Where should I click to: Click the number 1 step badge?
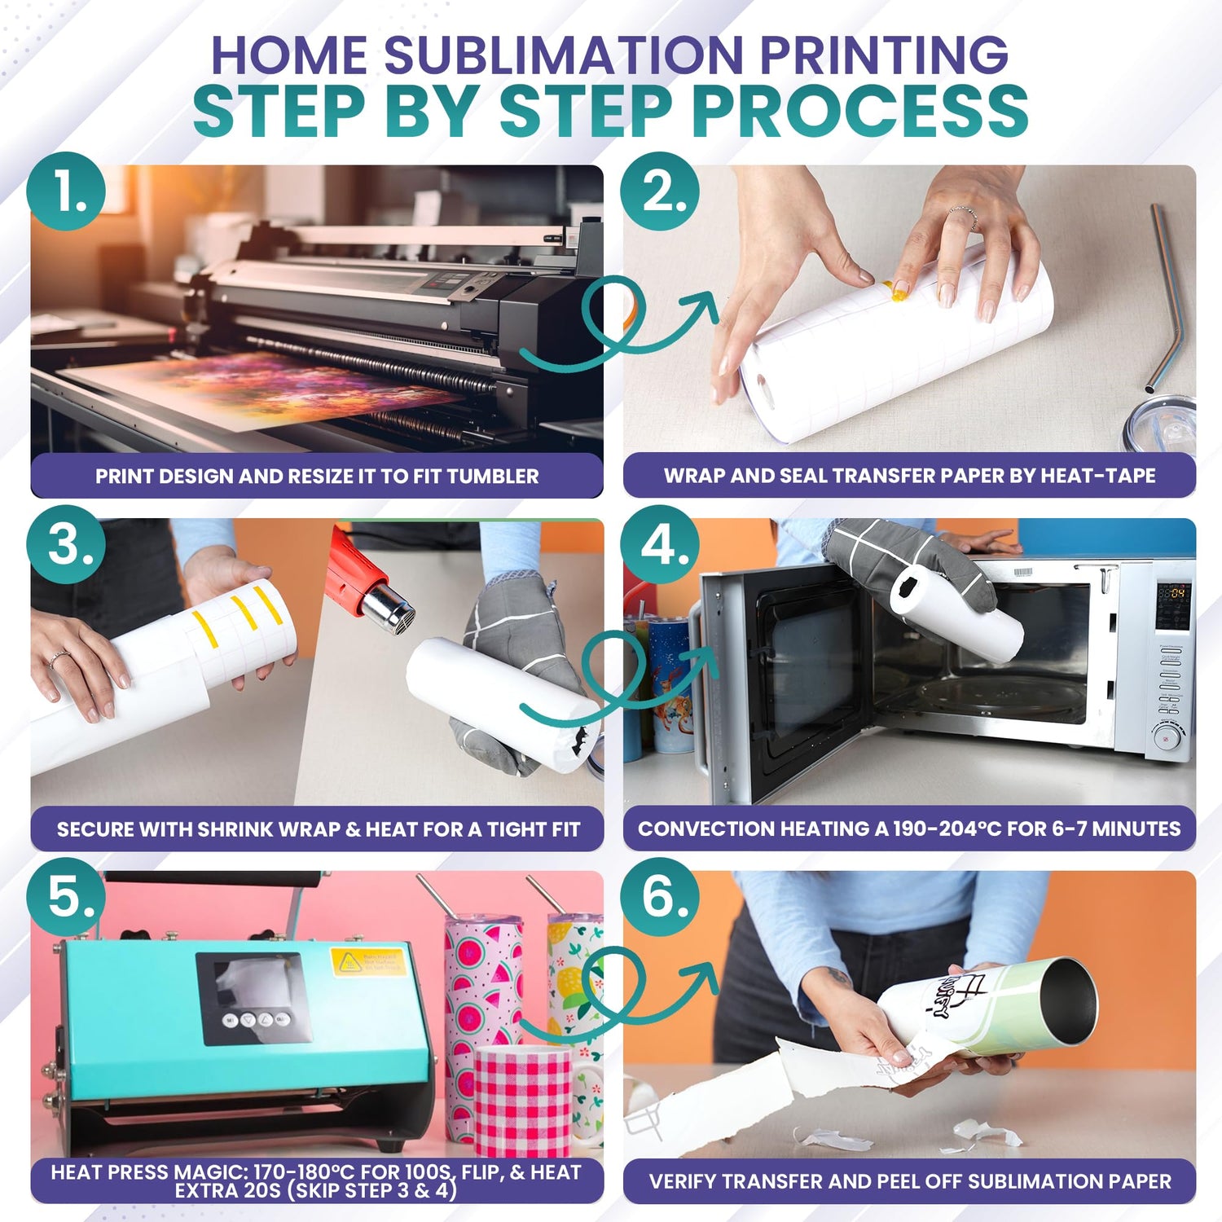[x=66, y=191]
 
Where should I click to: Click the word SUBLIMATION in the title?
[x=563, y=55]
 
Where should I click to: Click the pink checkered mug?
[x=523, y=1099]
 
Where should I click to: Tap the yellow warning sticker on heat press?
[x=367, y=961]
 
